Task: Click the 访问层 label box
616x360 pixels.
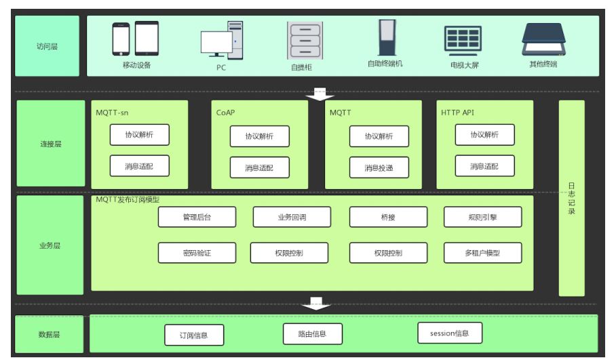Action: [x=47, y=47]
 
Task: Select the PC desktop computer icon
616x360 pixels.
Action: [x=222, y=40]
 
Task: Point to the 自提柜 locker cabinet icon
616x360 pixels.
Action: [x=305, y=40]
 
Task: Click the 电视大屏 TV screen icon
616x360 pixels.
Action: [x=463, y=40]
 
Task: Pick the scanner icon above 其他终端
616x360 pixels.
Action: [x=543, y=40]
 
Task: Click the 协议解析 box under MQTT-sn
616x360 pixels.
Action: [x=140, y=135]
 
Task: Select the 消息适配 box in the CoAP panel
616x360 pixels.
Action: [x=259, y=167]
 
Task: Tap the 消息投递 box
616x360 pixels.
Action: [x=379, y=167]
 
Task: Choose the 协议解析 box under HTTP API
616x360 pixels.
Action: [x=484, y=135]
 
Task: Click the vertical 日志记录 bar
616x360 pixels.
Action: [x=571, y=198]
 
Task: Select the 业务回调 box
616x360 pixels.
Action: [x=292, y=217]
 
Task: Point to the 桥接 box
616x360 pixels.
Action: [x=388, y=217]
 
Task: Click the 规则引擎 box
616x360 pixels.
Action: [x=483, y=217]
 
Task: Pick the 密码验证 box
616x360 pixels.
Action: [x=197, y=253]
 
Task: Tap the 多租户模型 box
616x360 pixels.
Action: [x=483, y=253]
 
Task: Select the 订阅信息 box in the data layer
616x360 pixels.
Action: [x=194, y=335]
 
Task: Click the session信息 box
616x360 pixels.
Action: [x=449, y=333]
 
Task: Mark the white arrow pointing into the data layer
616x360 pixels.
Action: [x=315, y=303]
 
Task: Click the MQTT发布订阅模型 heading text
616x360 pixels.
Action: [x=128, y=200]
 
